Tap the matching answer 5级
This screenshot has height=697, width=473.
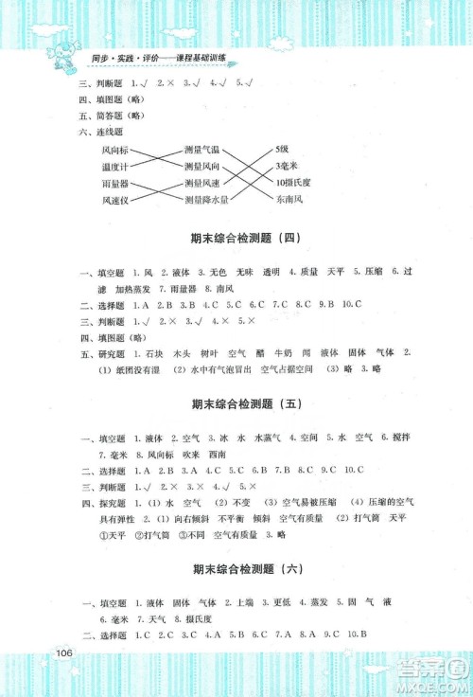coord(282,150)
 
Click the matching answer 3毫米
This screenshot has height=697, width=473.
coord(285,167)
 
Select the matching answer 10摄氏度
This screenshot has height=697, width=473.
coord(291,184)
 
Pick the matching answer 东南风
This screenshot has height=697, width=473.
coord(289,201)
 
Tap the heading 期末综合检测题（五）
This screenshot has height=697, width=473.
coord(238,404)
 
